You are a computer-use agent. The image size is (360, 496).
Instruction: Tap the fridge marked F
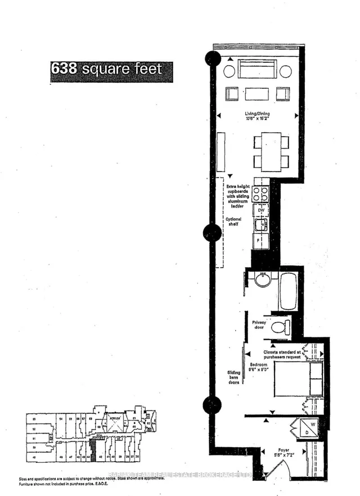(260, 241)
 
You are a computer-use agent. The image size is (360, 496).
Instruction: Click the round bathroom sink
(263, 279)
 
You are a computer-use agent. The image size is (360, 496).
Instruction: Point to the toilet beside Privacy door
(280, 327)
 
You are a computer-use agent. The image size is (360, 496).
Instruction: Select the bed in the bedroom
(298, 379)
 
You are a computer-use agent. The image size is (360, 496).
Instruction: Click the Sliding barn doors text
(233, 377)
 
